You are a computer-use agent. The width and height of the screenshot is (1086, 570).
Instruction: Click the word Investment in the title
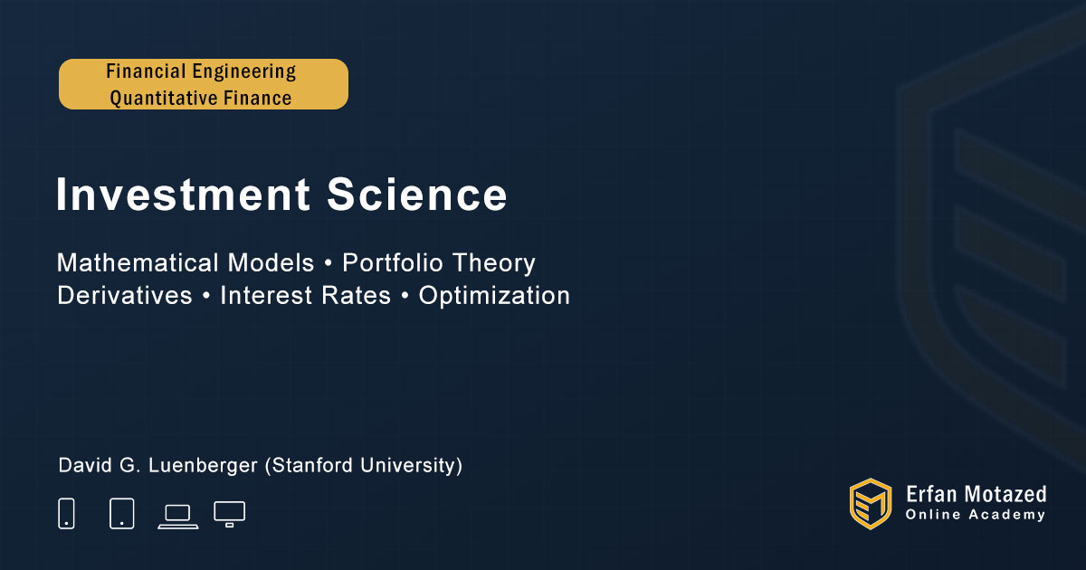183,195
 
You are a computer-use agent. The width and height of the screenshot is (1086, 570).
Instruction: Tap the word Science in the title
417,195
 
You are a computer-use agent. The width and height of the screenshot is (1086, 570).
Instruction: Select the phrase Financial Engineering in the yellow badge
201,71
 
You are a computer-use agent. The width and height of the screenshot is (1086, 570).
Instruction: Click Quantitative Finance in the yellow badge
201,98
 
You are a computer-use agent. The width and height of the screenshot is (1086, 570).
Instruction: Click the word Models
271,262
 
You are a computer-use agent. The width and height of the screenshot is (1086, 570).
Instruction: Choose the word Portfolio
393,262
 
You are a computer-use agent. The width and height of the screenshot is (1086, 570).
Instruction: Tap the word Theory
494,263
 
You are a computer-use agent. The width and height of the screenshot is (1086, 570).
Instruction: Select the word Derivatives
125,295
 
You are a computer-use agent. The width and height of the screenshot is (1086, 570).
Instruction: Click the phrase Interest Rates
306,295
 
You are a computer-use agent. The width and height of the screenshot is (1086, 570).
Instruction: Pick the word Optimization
494,296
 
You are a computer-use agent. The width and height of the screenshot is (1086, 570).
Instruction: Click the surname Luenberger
203,465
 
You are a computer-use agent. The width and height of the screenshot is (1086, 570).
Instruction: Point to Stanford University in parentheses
364,465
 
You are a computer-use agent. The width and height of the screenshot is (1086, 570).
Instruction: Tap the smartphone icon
66,513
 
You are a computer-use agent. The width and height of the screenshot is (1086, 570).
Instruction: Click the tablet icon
122,513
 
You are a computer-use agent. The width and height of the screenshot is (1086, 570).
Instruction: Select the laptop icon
178,517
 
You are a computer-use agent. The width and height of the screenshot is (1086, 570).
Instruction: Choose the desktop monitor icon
229,514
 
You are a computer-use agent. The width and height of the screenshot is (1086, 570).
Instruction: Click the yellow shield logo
871,504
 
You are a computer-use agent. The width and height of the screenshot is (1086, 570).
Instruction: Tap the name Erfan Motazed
976,494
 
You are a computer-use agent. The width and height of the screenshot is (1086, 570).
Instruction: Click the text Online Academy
976,515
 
